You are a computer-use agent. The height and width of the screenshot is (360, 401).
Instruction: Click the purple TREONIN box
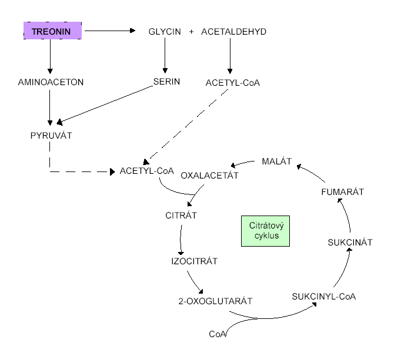pos(52,31)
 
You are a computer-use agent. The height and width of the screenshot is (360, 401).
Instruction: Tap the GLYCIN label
pos(165,31)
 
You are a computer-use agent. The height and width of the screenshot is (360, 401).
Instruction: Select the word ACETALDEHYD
pos(233,31)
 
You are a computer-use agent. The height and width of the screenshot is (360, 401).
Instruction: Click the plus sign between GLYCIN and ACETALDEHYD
pos(191,31)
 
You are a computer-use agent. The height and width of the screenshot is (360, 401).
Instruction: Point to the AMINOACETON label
pos(51,82)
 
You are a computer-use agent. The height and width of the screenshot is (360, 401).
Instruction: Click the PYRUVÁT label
pos(51,136)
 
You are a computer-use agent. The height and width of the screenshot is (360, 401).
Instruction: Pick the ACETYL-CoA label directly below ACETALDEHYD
pos(233,82)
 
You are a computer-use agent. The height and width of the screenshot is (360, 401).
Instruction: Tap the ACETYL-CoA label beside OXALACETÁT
pos(146,171)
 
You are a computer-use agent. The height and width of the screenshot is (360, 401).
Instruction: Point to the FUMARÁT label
pos(343,191)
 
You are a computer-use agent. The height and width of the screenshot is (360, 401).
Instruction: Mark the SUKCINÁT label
pos(350,241)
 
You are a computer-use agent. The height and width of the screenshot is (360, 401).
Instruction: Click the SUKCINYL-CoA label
pos(323,296)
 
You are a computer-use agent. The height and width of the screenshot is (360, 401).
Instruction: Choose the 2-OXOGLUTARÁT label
pos(215,301)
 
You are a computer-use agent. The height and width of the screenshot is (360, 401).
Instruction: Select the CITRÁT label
pos(181,215)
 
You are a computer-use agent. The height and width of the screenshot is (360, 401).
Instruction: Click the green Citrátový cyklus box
pos(267,230)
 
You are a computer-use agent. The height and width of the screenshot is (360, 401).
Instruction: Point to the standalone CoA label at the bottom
pos(218,334)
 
